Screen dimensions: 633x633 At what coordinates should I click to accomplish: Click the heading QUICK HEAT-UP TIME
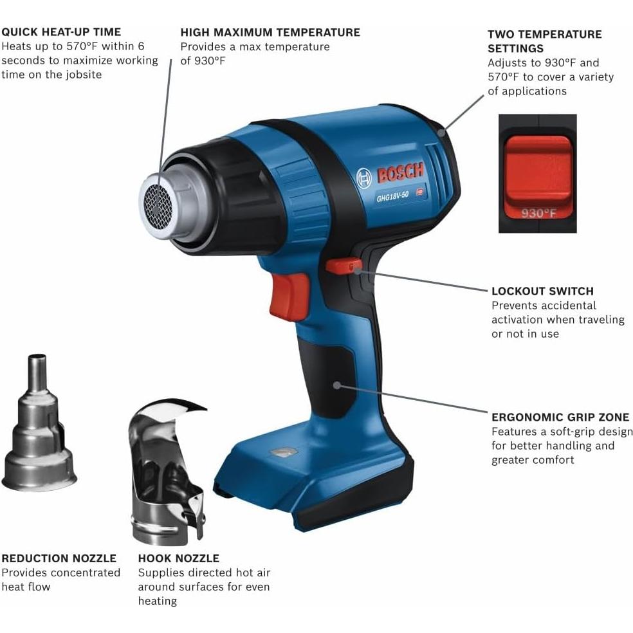coord(61,32)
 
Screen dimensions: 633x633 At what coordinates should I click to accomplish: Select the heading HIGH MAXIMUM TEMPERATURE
coord(270,32)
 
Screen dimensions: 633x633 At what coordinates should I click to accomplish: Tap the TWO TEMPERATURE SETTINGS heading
coord(544,41)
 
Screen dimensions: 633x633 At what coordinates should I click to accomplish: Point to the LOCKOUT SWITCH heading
coord(542,291)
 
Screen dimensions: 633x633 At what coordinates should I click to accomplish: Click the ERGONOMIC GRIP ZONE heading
coord(560,417)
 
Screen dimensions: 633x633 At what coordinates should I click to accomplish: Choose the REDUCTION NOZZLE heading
coord(59,558)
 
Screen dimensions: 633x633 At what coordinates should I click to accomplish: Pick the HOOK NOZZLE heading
coord(179,558)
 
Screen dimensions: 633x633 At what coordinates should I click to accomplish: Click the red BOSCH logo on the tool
coord(400,173)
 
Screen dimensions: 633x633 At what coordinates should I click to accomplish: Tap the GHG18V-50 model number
coord(393,197)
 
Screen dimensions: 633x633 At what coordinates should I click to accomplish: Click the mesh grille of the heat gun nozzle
coord(154,201)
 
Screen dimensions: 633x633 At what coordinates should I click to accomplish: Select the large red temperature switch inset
coord(537,170)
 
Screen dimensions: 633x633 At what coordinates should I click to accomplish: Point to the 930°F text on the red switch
coord(538,214)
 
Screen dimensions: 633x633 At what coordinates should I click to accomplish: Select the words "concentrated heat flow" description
coord(61,580)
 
